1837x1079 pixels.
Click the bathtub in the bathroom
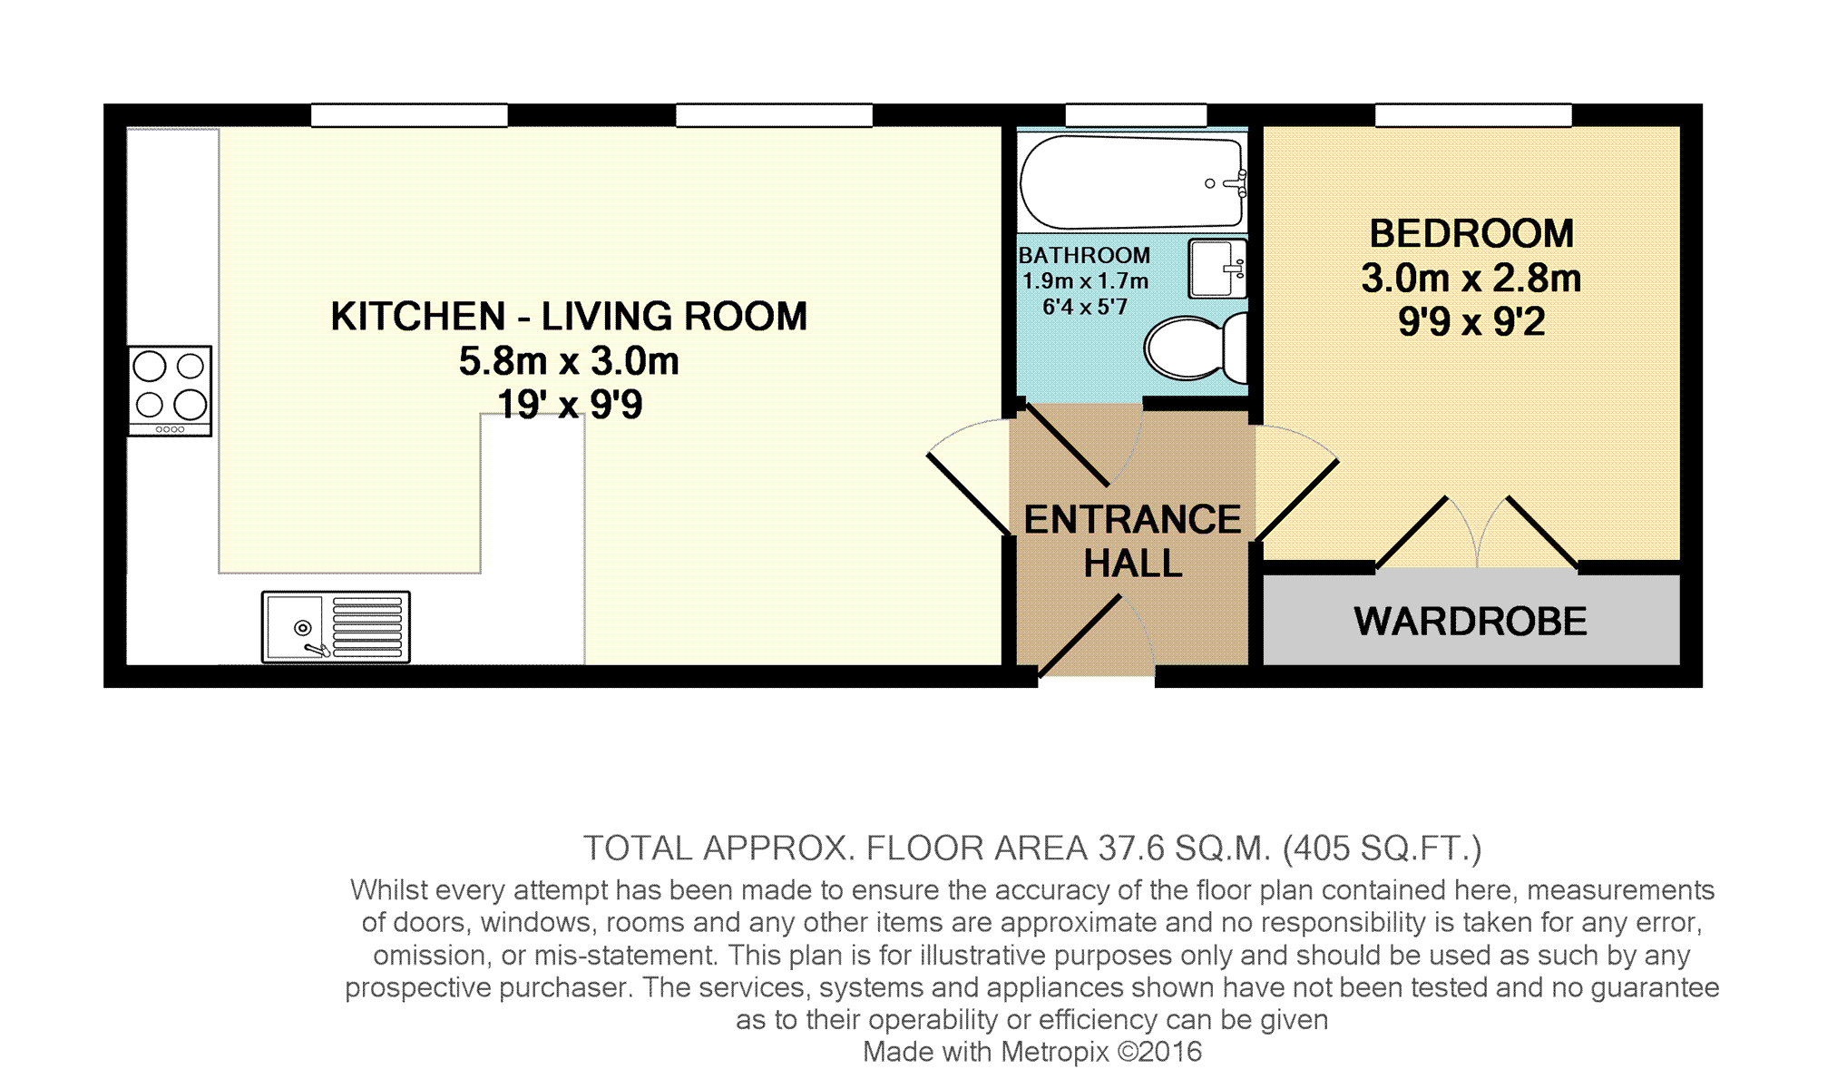(1132, 181)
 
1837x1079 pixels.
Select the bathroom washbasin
(1217, 268)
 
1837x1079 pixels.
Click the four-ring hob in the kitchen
(170, 390)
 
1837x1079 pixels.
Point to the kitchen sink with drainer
(336, 626)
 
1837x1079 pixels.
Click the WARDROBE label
(1471, 622)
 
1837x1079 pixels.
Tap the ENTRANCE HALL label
(1132, 541)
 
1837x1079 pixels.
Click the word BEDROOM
(1471, 233)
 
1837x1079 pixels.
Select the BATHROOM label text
(1084, 256)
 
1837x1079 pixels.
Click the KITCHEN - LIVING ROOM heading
(569, 317)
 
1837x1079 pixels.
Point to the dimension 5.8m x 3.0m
(569, 361)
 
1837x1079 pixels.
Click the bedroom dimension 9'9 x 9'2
(1471, 322)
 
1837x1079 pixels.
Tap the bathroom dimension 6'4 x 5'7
(1085, 307)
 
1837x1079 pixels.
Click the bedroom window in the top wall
(1473, 115)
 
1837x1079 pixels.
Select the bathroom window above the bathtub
(1136, 115)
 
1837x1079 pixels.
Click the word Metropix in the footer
(1054, 1052)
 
